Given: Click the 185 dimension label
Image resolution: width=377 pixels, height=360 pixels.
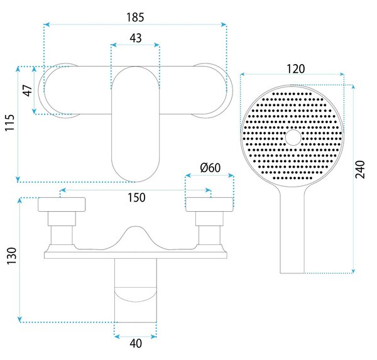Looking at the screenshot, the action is point(135,18).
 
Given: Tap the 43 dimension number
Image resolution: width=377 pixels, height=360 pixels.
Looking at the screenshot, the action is point(136,38).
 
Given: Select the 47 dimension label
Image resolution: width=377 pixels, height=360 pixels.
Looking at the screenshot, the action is point(28,90).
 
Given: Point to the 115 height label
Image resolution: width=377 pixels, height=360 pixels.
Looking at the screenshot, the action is point(10,123).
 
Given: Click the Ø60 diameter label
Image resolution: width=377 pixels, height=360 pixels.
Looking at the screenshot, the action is point(210,168).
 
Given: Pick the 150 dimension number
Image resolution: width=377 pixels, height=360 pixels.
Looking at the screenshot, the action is point(136,197).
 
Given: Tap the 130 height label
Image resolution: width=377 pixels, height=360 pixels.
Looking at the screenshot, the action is point(11,256).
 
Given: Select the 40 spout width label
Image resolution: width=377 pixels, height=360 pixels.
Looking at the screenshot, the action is point(136,343).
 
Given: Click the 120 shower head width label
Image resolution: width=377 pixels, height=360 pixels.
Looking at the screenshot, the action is point(296,68).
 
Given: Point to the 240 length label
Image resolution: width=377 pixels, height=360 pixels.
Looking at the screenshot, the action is point(360,170).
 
